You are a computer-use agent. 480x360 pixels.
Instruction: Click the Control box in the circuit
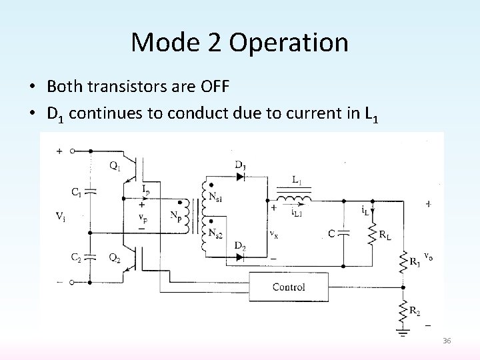pos(289,287)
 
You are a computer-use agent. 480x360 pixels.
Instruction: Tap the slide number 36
pos(447,341)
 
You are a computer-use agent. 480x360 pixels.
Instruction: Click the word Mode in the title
pos(160,43)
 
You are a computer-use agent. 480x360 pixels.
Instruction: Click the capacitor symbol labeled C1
pos(91,191)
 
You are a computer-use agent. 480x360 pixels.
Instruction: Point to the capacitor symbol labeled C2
pos(91,257)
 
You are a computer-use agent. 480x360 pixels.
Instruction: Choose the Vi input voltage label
pos(61,217)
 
